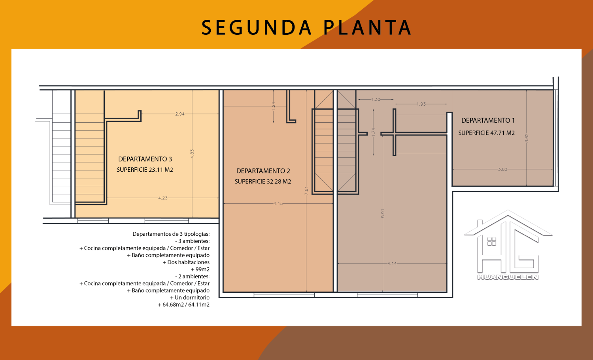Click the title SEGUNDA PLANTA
coord(306,28)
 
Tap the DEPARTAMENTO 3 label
coord(145,159)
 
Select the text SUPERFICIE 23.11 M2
coord(145,170)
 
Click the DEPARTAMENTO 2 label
coord(263,171)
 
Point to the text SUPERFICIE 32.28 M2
coord(263,182)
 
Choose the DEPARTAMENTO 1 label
coord(488,120)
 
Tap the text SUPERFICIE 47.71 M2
coord(486,133)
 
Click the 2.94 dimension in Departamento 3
coord(180,114)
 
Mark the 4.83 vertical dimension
coord(192,154)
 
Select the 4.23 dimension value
coord(163,198)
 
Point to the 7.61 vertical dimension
coord(306,190)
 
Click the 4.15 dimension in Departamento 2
coord(278,203)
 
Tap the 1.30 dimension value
coord(376,99)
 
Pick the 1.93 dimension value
coord(421,104)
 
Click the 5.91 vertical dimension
coord(383,214)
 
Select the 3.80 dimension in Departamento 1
coord(502,169)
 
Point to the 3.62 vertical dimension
coord(527,138)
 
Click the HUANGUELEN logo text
coord(508,277)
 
